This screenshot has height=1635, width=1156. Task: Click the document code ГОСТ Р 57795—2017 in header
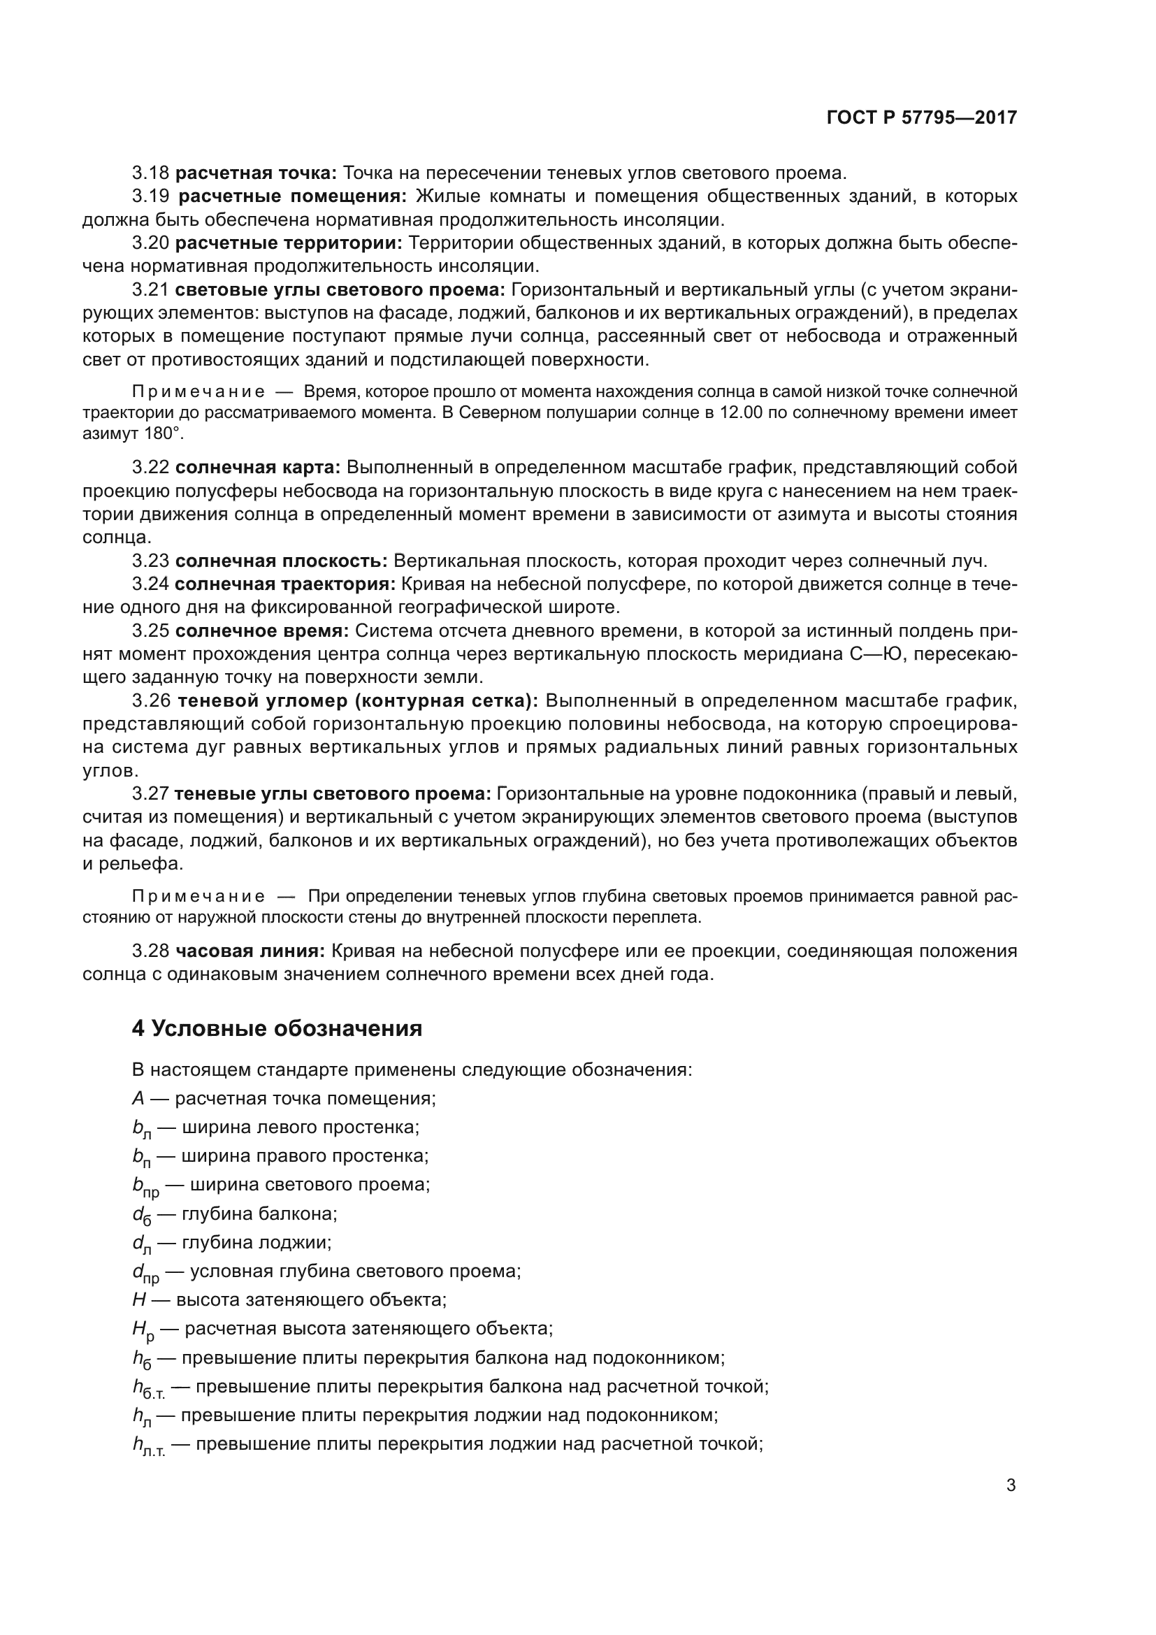[x=922, y=117]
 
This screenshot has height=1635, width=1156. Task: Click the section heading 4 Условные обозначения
[x=277, y=1028]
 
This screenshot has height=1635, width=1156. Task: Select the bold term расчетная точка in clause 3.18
[x=256, y=173]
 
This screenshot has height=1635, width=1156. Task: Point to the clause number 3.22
[x=150, y=467]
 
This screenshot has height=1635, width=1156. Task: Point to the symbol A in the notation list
[x=138, y=1098]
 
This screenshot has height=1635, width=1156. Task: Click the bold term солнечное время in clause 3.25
[x=261, y=631]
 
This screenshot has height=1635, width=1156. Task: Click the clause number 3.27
[x=150, y=794]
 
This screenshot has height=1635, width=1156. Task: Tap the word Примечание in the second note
[x=198, y=897]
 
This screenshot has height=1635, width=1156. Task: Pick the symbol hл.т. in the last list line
[x=148, y=1446]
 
